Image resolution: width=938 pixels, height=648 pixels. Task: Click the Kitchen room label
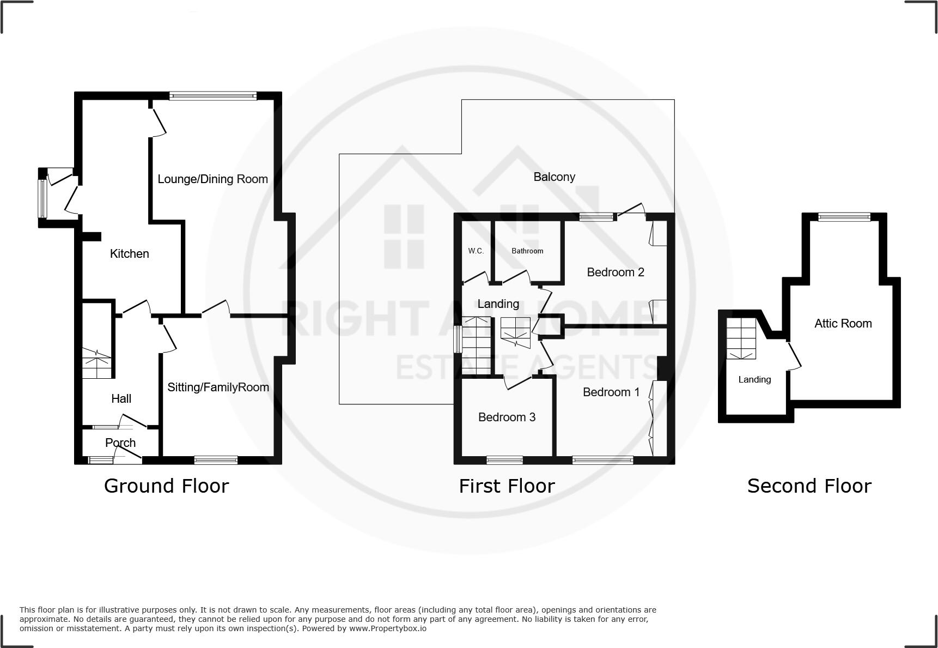coord(129,253)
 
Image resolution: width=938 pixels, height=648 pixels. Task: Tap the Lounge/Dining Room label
coord(212,179)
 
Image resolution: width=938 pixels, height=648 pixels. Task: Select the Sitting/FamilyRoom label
coord(218,387)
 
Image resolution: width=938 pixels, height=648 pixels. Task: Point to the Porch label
coord(120,443)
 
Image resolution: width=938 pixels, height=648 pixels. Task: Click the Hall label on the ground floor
coord(121,398)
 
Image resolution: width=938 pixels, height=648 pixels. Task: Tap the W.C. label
coord(476,251)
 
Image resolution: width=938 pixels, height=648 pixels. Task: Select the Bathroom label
coord(527,251)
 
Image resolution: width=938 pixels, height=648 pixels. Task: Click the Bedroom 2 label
coord(615,272)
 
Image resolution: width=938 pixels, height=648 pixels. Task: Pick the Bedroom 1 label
coord(611,392)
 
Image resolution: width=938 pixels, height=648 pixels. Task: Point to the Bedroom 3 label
coord(507,417)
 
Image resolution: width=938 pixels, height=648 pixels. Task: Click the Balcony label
coord(554,177)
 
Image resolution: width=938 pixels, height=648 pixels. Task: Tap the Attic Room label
coord(843,323)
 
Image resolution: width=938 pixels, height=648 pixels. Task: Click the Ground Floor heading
coord(166,486)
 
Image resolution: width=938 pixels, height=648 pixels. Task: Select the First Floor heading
coord(507,486)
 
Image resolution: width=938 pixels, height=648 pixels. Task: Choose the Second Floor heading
coord(809,486)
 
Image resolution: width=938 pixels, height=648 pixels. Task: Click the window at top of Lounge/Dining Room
coord(212,96)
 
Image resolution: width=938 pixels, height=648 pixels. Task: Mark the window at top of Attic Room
coord(844,217)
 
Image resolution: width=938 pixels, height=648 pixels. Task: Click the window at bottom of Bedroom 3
coord(504,460)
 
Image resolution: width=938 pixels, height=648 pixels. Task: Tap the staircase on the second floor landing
coord(741,338)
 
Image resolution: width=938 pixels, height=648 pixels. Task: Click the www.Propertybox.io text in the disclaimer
coord(387,628)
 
